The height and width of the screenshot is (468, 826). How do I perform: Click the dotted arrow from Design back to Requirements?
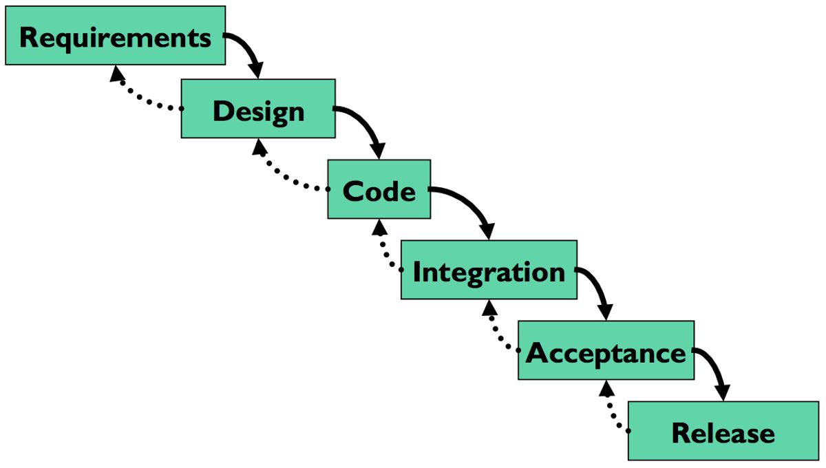click(138, 96)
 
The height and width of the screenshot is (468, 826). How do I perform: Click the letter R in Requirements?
click(30, 37)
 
